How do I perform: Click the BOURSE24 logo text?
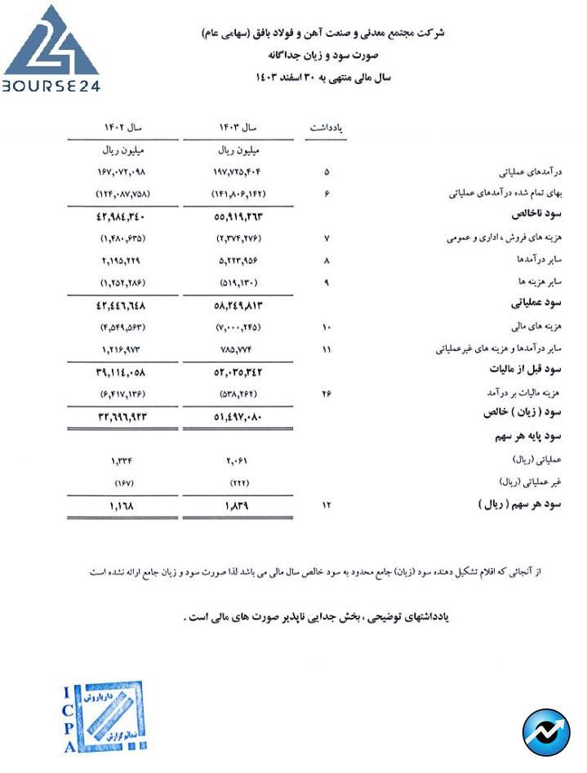(x=51, y=85)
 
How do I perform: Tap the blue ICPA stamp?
(x=104, y=717)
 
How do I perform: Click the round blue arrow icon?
(x=546, y=732)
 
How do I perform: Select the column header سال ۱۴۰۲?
(x=122, y=128)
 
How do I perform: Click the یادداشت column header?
(x=327, y=128)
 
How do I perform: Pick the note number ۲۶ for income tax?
(x=327, y=393)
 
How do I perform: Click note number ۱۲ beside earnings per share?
(x=327, y=504)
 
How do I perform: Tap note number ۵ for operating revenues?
(x=327, y=172)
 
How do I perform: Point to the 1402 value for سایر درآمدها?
(x=122, y=260)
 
